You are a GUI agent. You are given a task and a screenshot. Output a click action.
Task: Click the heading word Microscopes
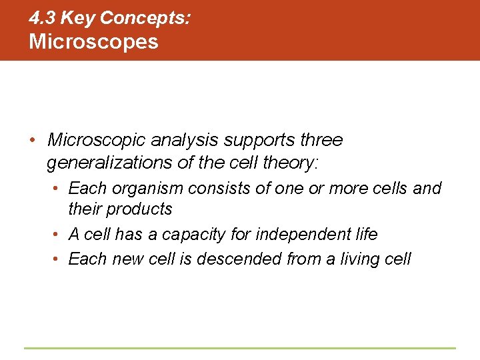pos(93,41)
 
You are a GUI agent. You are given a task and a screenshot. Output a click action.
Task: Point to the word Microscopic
pos(97,141)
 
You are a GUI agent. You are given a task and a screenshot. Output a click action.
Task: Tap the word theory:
pos(292,162)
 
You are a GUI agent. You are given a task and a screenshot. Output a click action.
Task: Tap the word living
pos(357,259)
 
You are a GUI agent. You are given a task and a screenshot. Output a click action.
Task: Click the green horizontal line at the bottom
pos(240,348)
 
